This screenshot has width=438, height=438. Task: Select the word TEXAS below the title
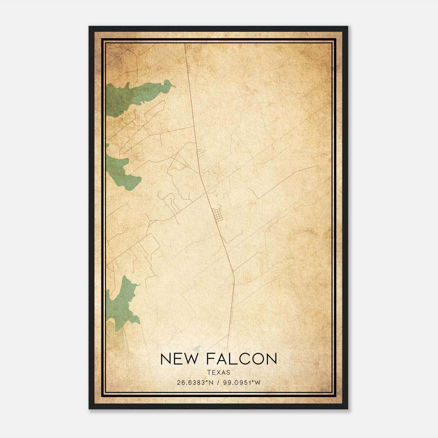(x=219, y=372)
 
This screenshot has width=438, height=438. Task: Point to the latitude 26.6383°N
(x=195, y=383)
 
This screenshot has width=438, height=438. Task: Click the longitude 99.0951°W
(x=242, y=383)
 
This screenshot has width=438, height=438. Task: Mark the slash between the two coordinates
(x=218, y=383)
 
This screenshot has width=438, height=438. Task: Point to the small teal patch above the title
(x=196, y=348)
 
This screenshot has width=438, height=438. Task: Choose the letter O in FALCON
(x=256, y=359)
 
